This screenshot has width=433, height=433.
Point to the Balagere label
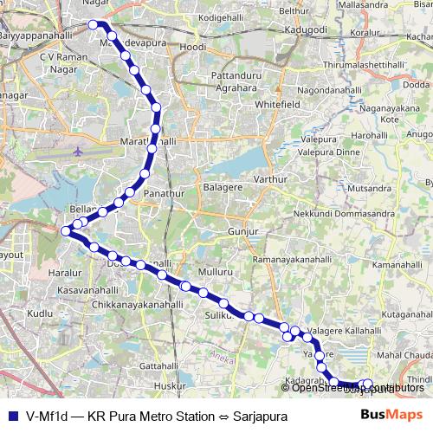pyautogui.click(x=220, y=186)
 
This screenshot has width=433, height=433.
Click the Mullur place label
pyautogui.click(x=216, y=272)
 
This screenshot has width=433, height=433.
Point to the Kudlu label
pyautogui.click(x=40, y=313)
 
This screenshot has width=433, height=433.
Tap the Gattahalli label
pyautogui.click(x=158, y=365)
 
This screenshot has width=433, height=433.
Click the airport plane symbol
pyautogui.click(x=79, y=151)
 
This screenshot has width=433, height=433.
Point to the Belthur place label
pyautogui.click(x=294, y=10)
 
